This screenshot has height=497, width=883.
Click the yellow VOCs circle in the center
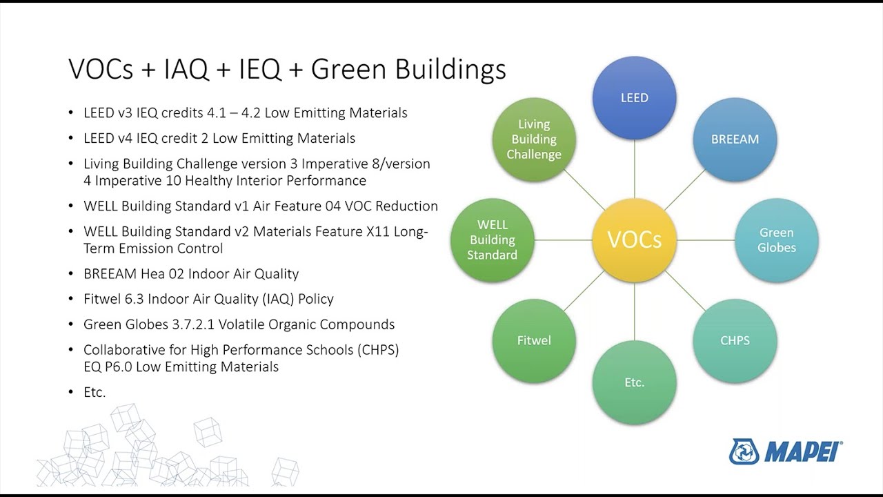634,240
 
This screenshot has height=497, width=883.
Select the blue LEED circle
634,97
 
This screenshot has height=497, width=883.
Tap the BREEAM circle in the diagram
735,139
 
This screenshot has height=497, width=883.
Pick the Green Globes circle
776,240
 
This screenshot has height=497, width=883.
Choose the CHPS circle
735,340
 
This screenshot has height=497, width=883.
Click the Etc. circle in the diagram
634,382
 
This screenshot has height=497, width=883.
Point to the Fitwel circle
534,340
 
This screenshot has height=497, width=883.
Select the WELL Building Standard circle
492,240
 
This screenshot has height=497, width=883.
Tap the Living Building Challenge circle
534,139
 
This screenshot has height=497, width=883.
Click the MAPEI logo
786,451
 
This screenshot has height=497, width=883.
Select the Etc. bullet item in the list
95,392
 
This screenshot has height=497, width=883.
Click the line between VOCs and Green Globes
705,240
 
